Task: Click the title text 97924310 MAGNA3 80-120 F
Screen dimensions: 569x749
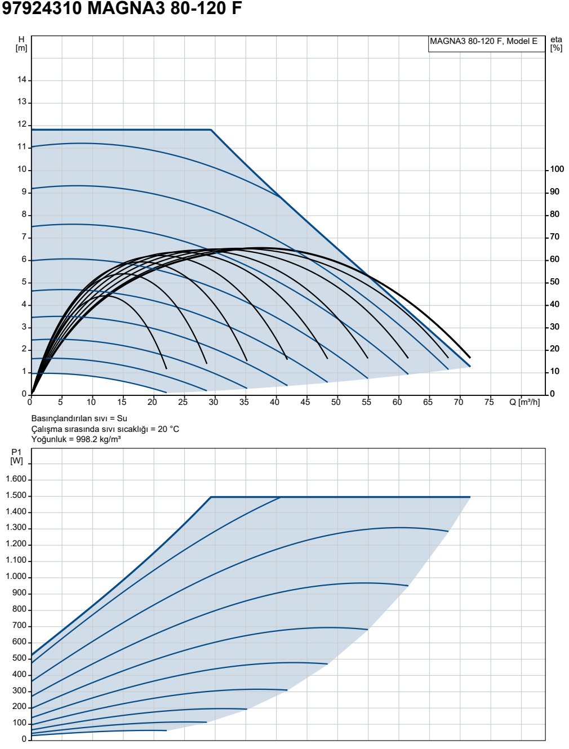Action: [122, 8]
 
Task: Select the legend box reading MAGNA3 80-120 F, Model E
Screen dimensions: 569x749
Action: [486, 44]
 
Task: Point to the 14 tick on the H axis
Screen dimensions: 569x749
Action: [22, 80]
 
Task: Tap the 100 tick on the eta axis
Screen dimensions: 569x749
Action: [557, 170]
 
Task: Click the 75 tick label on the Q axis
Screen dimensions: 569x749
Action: [489, 402]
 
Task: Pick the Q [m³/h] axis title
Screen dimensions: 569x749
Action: [524, 402]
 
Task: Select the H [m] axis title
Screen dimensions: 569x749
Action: [21, 44]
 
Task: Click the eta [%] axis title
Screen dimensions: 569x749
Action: [556, 44]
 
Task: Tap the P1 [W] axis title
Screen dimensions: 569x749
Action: [16, 457]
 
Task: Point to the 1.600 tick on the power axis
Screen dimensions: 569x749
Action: [16, 479]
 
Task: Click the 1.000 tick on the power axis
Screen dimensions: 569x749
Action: [16, 577]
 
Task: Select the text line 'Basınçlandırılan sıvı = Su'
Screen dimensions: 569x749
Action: [79, 418]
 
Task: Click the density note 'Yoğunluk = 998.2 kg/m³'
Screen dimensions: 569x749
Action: [76, 439]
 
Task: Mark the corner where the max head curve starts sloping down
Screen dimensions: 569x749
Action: [211, 130]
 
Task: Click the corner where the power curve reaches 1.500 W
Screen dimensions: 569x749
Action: [211, 497]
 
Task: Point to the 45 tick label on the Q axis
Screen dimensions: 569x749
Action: [305, 402]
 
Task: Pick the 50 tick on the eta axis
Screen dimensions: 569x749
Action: [555, 282]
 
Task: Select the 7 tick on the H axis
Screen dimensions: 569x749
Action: [24, 237]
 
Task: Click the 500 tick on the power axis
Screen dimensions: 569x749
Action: [19, 658]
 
